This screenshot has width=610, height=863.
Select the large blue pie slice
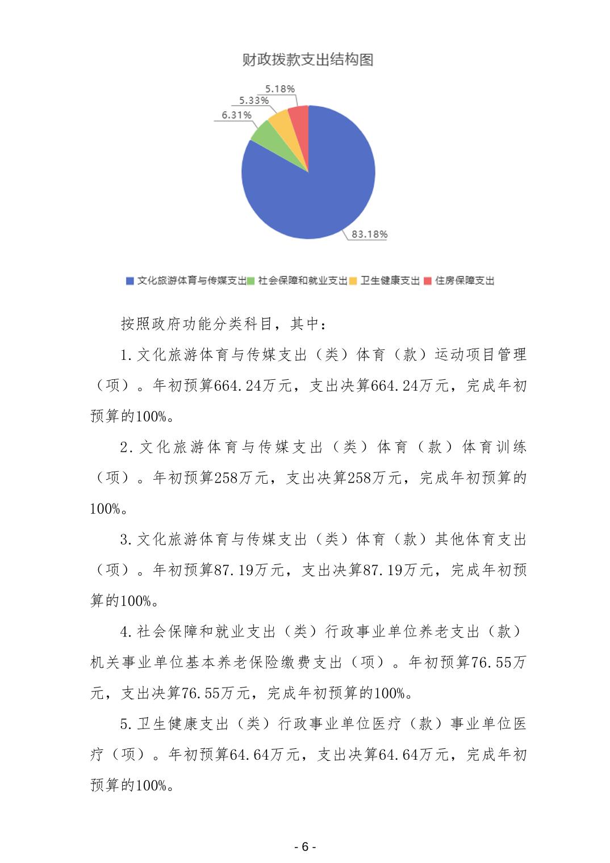(318, 187)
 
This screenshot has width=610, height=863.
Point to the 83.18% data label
(369, 234)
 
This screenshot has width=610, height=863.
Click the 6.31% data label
(236, 115)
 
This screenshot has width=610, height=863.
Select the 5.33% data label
(253, 100)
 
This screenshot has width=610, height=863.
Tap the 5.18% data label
(280, 89)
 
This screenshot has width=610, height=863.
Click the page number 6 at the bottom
(305, 847)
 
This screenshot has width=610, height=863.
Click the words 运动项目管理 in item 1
(481, 355)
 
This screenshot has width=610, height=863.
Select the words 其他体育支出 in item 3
(481, 539)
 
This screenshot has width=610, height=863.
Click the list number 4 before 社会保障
(124, 631)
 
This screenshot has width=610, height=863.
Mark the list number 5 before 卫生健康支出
(124, 724)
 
